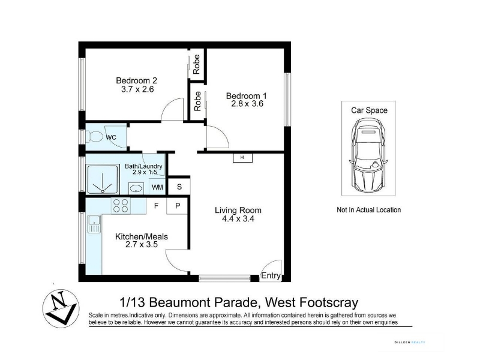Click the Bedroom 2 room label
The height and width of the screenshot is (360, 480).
pyautogui.click(x=137, y=80)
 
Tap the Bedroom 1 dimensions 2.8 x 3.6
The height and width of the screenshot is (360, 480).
pyautogui.click(x=247, y=104)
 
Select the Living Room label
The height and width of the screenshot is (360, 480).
pyautogui.click(x=238, y=211)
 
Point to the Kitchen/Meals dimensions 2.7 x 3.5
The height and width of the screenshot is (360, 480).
pyautogui.click(x=142, y=244)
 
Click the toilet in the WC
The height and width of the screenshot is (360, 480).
pyautogui.click(x=95, y=137)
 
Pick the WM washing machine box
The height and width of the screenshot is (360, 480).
pyautogui.click(x=157, y=187)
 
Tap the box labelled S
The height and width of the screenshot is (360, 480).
pyautogui.click(x=179, y=187)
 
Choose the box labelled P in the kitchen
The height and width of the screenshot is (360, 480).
pyautogui.click(x=177, y=206)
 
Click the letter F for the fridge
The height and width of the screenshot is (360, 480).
pyautogui.click(x=156, y=206)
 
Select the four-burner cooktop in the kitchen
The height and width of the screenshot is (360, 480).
pyautogui.click(x=121, y=206)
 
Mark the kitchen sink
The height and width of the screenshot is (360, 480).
pyautogui.click(x=94, y=224)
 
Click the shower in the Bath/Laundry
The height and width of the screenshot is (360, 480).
pyautogui.click(x=103, y=179)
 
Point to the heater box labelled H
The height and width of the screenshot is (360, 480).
pyautogui.click(x=242, y=158)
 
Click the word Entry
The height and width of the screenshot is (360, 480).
pyautogui.click(x=271, y=275)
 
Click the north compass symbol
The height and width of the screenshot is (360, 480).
pyautogui.click(x=61, y=308)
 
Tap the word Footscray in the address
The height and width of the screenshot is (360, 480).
pyautogui.click(x=328, y=302)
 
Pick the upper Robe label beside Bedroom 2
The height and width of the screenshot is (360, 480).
pyautogui.click(x=196, y=64)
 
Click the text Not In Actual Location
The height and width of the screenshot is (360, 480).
pyautogui.click(x=368, y=209)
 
